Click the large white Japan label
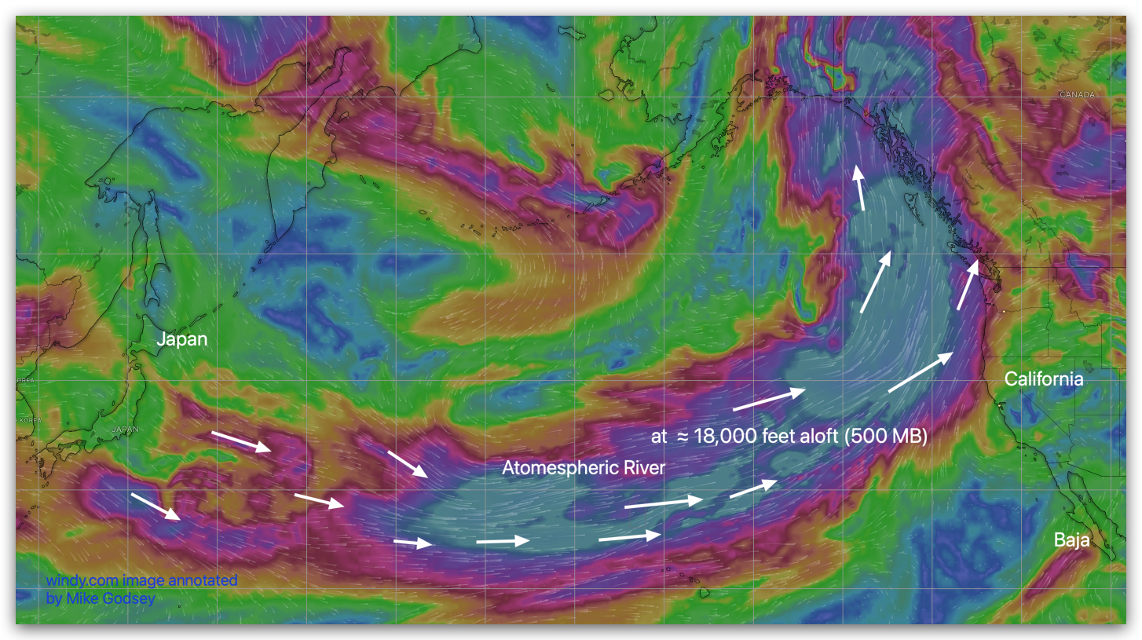182,339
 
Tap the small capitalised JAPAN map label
126,429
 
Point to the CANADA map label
1076,94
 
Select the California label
1044,379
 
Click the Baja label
1073,540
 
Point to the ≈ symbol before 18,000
681,437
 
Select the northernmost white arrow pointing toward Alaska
860,187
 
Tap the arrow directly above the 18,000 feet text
769,399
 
